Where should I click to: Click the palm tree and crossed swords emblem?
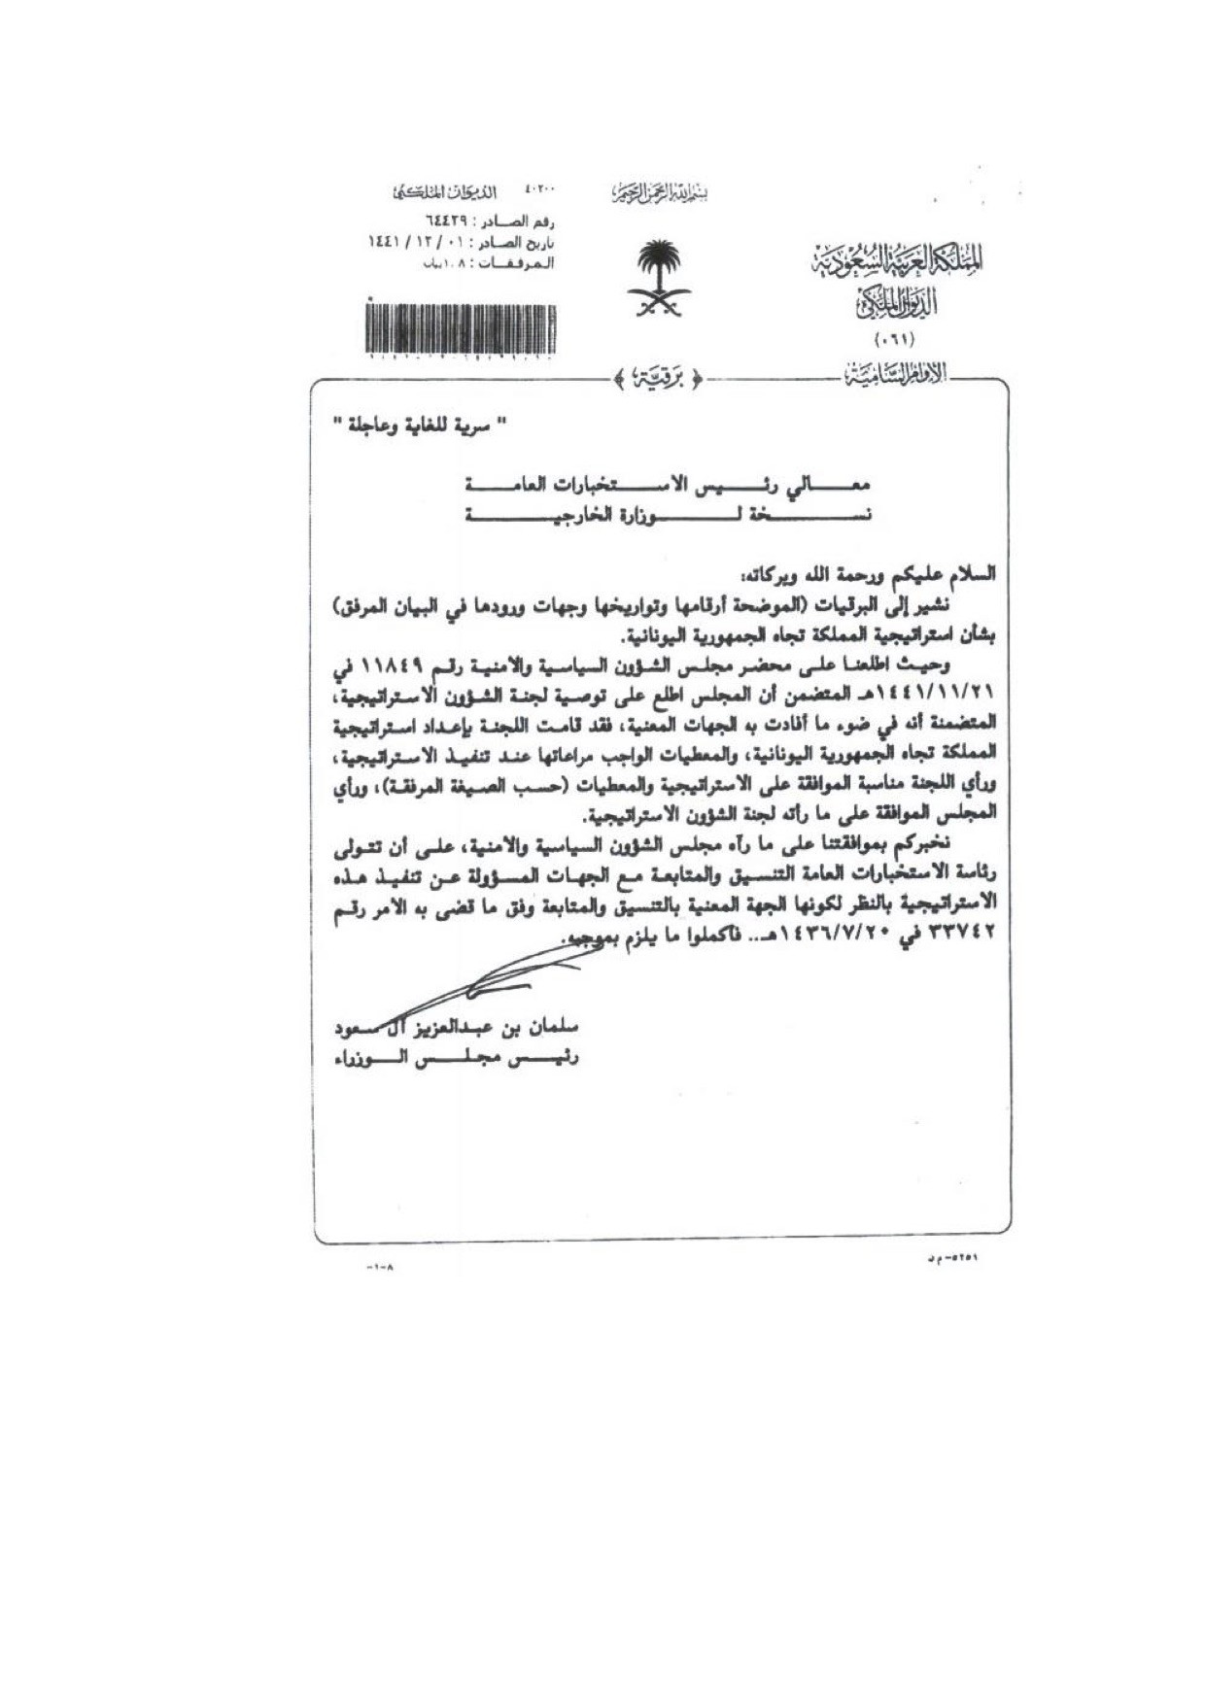[661, 278]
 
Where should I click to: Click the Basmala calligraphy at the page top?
[660, 192]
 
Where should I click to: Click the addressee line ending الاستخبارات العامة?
[670, 484]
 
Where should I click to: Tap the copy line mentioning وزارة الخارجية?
[670, 515]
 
